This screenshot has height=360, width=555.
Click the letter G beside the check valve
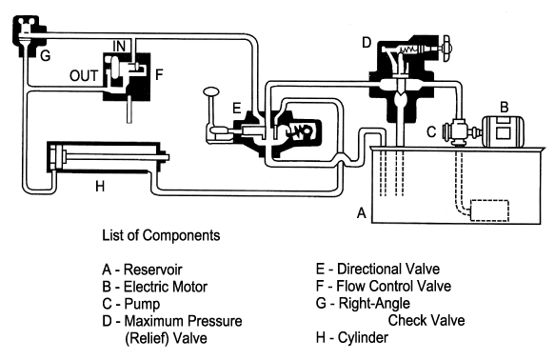coord(45,55)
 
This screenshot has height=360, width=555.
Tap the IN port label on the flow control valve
coord(119,46)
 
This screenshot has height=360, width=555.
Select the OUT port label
coord(84,76)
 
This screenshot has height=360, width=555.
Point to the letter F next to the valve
coord(159,74)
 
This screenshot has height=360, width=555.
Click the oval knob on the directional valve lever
coord(211,91)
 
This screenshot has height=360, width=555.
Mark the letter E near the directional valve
coord(237,108)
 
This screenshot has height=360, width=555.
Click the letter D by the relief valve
coord(367,43)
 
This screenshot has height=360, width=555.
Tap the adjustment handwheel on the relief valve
coord(446,49)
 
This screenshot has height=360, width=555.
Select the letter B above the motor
coord(504,107)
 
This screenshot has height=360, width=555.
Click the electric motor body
coord(504,131)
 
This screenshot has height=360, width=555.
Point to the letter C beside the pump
coord(431,131)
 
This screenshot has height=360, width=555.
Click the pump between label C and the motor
coord(460,132)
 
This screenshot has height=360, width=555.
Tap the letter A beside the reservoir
coord(361,212)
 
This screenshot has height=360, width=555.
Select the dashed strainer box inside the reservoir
coord(489,210)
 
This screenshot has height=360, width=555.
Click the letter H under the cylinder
coord(100,186)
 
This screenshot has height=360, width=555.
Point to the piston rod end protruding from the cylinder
coord(166,156)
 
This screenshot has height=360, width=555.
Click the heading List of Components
coord(161,235)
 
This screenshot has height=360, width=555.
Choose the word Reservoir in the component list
coord(152,270)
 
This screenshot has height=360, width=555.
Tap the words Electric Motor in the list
coord(166,287)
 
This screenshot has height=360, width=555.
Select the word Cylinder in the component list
coord(363,337)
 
